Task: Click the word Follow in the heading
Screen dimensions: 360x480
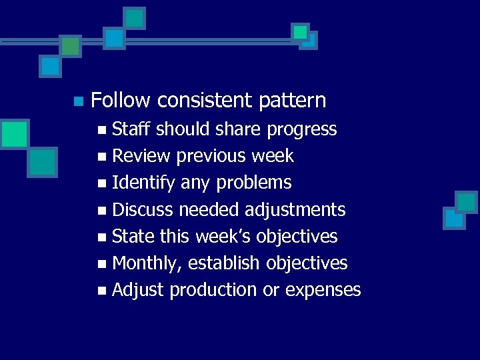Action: [121, 101]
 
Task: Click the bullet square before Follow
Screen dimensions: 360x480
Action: [78, 102]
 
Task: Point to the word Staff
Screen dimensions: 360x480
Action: [131, 129]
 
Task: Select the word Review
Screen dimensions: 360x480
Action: [140, 156]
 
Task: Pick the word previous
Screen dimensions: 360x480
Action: [211, 156]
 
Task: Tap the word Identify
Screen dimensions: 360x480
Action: [144, 183]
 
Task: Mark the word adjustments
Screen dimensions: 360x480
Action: [295, 210]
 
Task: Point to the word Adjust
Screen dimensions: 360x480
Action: [139, 290]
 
